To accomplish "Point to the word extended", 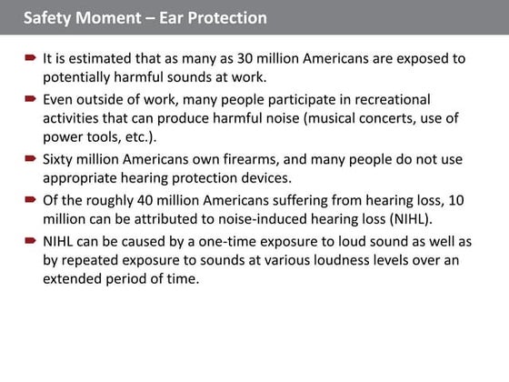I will [73, 279].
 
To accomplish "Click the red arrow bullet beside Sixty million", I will [30, 159].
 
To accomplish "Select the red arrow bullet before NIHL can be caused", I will [30, 240].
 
